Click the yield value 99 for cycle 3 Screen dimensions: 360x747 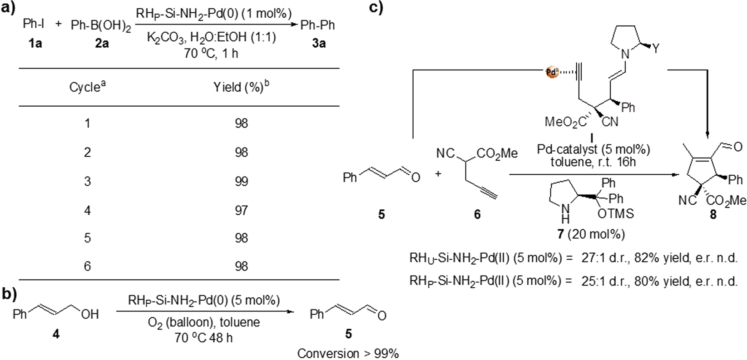242,181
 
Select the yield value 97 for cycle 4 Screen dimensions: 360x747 242,210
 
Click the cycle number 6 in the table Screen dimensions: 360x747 87,266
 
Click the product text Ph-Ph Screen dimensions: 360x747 318,25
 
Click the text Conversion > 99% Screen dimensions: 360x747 348,353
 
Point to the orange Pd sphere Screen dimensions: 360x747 551,71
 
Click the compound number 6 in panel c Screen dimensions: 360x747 477,214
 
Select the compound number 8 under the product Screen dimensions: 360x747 713,215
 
